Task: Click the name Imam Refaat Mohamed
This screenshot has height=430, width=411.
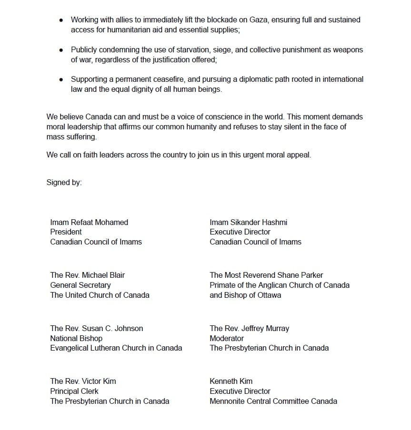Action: click(89, 222)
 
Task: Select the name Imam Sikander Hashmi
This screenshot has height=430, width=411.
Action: click(248, 222)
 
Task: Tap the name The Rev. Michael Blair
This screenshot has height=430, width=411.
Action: click(88, 275)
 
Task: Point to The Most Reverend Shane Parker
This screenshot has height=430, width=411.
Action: click(266, 275)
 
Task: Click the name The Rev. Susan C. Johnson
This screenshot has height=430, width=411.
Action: click(96, 328)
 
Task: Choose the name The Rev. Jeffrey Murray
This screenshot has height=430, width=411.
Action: click(249, 328)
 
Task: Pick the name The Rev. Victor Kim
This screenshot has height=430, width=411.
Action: click(83, 381)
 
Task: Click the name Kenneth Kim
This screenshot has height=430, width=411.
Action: click(231, 381)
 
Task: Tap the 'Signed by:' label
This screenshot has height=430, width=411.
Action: click(64, 183)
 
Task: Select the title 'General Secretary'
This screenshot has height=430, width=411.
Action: click(80, 285)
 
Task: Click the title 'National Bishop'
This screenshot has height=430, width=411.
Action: click(76, 338)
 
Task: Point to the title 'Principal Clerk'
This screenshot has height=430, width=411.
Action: click(74, 391)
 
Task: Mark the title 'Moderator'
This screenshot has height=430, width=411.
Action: click(227, 338)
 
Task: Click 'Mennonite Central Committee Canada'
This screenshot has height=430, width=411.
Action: click(273, 401)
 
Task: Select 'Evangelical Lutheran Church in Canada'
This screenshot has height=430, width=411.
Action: click(116, 348)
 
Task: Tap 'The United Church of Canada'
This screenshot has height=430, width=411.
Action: click(100, 295)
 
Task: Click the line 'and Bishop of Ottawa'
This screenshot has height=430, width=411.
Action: click(245, 295)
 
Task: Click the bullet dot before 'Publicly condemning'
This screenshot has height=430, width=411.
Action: click(60, 50)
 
